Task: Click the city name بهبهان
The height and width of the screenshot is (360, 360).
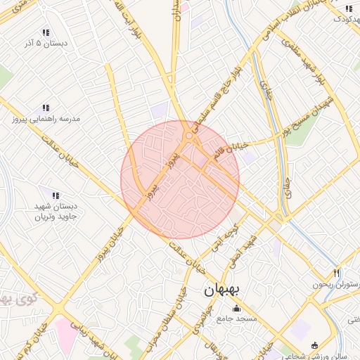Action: (231, 289)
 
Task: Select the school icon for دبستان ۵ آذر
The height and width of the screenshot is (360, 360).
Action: (46, 32)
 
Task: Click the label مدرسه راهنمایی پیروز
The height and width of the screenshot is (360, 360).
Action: (46, 119)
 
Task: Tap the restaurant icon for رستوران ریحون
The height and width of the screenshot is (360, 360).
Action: (337, 273)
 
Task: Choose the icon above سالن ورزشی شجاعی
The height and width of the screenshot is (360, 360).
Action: (314, 345)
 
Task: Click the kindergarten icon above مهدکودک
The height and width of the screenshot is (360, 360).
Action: (349, 8)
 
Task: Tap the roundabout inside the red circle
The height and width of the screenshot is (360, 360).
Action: (188, 136)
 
